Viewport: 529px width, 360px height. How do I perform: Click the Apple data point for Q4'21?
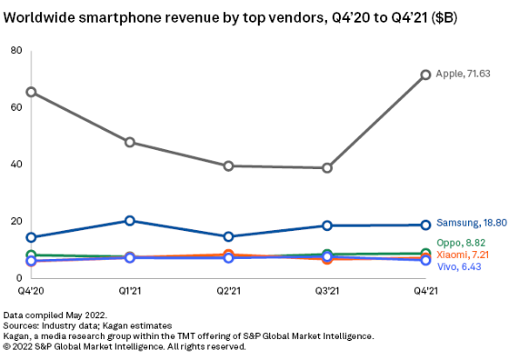[x=426, y=75]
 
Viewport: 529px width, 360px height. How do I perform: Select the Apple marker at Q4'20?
[x=31, y=92]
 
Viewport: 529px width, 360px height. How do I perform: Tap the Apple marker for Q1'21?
[x=130, y=142]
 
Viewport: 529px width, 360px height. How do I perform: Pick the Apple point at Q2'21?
[x=228, y=166]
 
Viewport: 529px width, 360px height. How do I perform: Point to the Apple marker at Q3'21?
[x=327, y=167]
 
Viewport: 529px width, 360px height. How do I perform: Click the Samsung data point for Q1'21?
[x=130, y=221]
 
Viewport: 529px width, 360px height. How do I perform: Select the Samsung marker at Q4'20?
[x=31, y=237]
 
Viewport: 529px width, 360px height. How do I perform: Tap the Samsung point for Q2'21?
[x=228, y=236]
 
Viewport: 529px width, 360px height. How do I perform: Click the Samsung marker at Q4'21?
[x=426, y=225]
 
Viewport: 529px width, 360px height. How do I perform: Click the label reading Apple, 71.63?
[x=463, y=74]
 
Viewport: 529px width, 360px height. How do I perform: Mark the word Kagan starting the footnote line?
[x=17, y=336]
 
